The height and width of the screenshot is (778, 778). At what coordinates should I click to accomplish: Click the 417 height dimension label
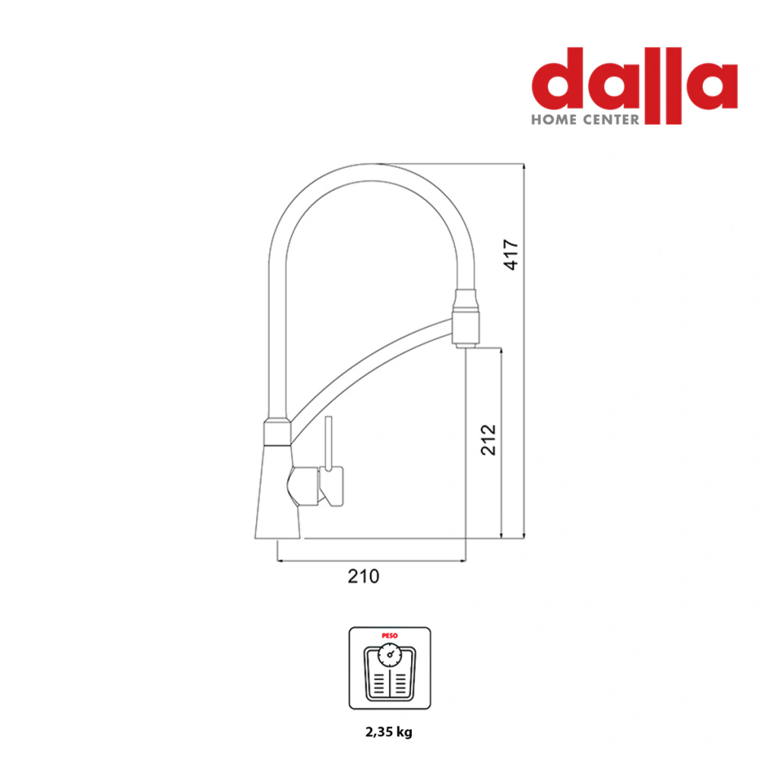tap(511, 255)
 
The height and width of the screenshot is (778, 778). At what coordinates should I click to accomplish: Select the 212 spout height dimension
tap(489, 440)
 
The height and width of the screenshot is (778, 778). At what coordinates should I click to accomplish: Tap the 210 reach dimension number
tap(363, 576)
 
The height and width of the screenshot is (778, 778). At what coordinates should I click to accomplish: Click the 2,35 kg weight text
tap(389, 732)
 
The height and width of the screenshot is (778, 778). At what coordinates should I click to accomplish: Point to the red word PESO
tap(390, 636)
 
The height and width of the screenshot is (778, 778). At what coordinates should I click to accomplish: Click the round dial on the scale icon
tap(390, 655)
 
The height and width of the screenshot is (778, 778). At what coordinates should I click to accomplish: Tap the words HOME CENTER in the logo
tap(585, 119)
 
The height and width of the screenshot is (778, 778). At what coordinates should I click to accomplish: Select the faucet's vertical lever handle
tap(328, 443)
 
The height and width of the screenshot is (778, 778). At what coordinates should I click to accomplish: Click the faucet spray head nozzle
tap(466, 318)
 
